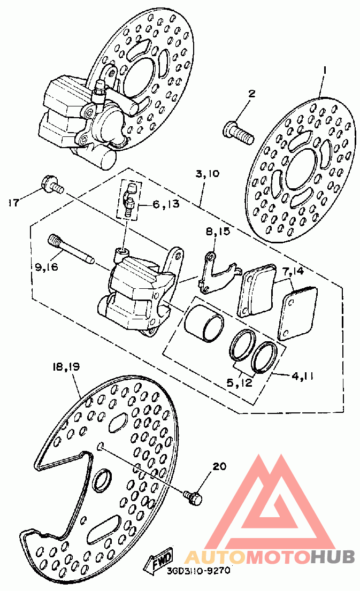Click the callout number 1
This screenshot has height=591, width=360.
324,70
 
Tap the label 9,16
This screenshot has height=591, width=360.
47,267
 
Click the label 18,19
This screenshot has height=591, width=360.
66,367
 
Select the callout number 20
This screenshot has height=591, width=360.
219,466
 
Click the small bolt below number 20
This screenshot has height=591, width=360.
194,497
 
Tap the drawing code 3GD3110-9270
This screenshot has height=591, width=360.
198,571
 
